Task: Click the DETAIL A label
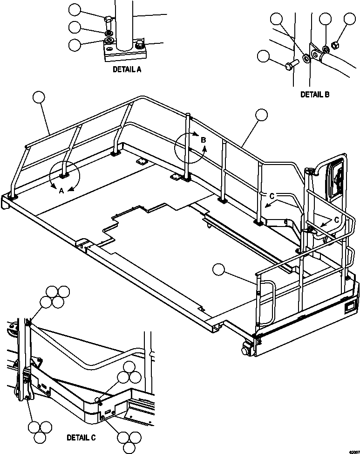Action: [127, 69]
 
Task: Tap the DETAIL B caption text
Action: [315, 94]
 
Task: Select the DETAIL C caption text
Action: [81, 437]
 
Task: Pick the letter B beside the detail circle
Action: [203, 139]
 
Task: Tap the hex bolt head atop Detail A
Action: [108, 20]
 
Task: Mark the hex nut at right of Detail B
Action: [334, 45]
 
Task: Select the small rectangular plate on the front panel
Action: [350, 307]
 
